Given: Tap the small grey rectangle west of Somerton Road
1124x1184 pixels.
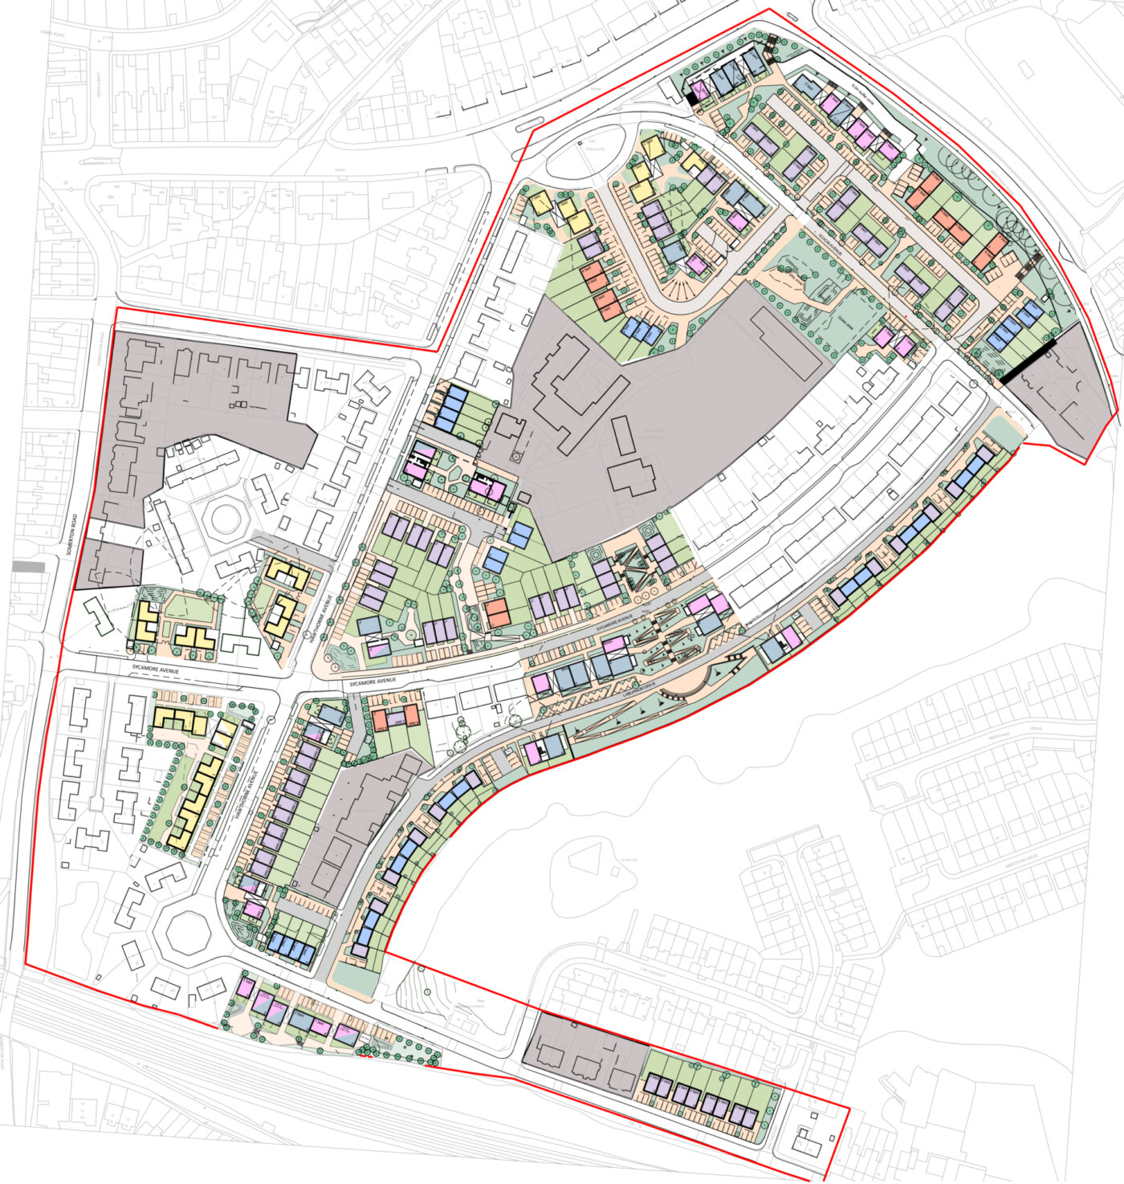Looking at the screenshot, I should pyautogui.click(x=28, y=566).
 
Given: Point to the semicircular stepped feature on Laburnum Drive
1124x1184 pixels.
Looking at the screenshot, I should pyautogui.click(x=692, y=686).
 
